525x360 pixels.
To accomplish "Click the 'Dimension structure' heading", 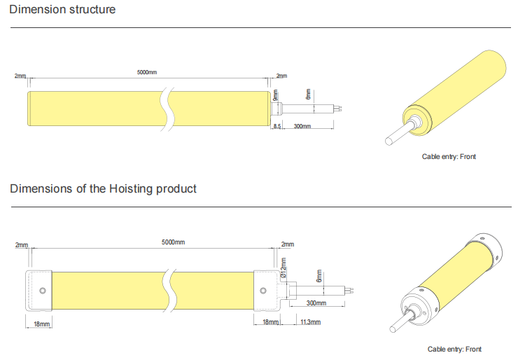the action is click(x=62, y=9).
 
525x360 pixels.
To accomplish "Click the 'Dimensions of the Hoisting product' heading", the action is click(x=103, y=188).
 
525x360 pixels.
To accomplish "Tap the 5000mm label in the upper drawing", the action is click(x=147, y=72).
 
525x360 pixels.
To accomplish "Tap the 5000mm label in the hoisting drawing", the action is click(x=173, y=242).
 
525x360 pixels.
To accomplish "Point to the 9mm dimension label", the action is click(x=275, y=95).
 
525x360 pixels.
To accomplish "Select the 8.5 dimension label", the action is click(x=277, y=126).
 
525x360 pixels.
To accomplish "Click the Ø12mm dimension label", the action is click(x=283, y=268).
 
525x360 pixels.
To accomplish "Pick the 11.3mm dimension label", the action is click(x=310, y=321).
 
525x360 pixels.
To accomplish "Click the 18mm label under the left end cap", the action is click(x=42, y=324).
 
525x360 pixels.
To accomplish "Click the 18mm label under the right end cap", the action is click(x=270, y=321).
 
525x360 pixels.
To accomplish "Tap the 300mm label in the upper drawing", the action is click(x=302, y=126).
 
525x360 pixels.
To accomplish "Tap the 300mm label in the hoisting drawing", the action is click(x=316, y=303).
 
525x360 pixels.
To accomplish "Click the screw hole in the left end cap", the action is click(x=43, y=291).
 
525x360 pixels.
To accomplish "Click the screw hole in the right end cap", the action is click(x=263, y=291).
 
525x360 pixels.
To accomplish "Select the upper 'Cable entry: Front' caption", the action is click(x=449, y=156).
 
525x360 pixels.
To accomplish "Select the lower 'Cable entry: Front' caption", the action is click(x=454, y=349).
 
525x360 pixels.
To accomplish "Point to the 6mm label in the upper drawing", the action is click(x=308, y=94).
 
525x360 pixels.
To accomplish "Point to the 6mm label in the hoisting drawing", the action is click(x=319, y=276).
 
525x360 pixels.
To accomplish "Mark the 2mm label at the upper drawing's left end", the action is click(x=20, y=76).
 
